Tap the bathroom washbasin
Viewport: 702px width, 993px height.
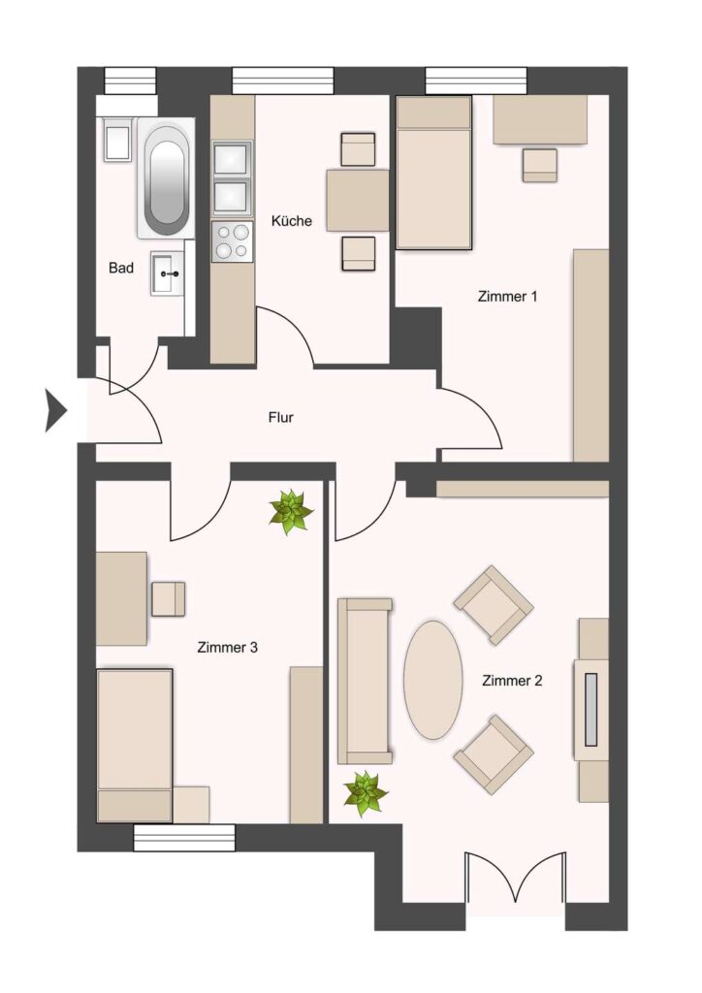pyautogui.click(x=168, y=272)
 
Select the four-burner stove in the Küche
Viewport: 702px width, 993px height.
pyautogui.click(x=232, y=241)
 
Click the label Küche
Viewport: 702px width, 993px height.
pyautogui.click(x=292, y=221)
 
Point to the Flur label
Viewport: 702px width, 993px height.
pyautogui.click(x=281, y=418)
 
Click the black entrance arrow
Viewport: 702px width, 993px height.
pyautogui.click(x=55, y=410)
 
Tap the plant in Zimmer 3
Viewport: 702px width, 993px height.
pyautogui.click(x=291, y=510)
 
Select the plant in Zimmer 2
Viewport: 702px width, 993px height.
pyautogui.click(x=366, y=793)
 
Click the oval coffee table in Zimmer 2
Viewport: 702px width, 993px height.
pyautogui.click(x=433, y=680)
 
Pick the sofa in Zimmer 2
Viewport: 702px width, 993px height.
pyautogui.click(x=365, y=680)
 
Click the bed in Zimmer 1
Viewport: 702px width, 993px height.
pyautogui.click(x=434, y=173)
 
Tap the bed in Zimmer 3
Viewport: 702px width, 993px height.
pyautogui.click(x=135, y=746)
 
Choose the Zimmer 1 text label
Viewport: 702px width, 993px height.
pyautogui.click(x=508, y=296)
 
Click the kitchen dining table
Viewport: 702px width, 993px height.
pyautogui.click(x=358, y=200)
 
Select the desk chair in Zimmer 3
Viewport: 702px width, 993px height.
pyautogui.click(x=169, y=599)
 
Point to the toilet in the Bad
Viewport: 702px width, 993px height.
pyautogui.click(x=117, y=139)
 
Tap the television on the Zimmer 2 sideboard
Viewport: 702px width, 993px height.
pyautogui.click(x=591, y=709)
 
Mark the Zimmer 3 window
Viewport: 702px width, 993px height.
pyautogui.click(x=184, y=837)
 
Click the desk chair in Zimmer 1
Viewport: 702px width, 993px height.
pyautogui.click(x=540, y=165)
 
